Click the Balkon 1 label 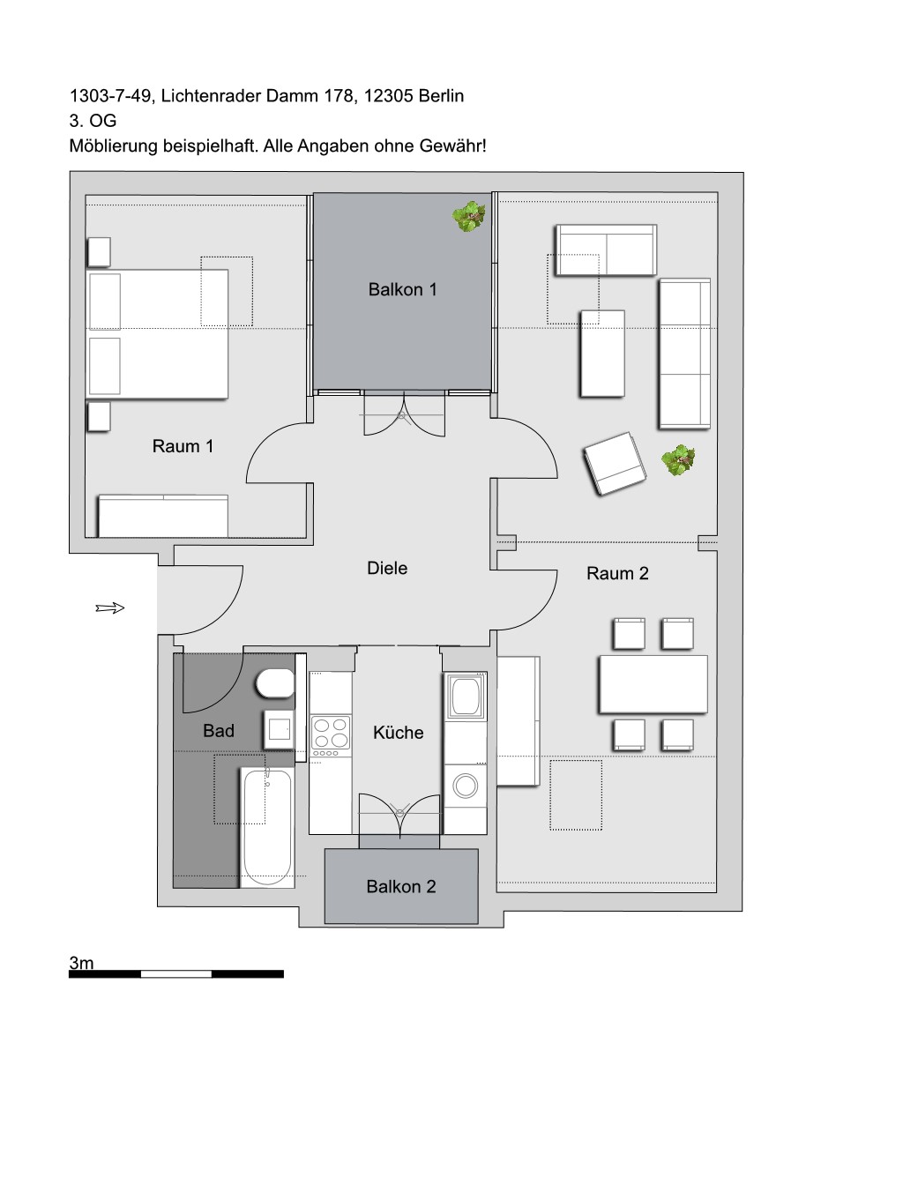tap(402, 289)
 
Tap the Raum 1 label tap(183, 446)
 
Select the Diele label tap(387, 568)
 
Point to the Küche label tap(399, 732)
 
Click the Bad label tap(219, 730)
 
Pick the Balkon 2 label tap(401, 886)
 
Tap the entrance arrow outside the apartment tap(110, 607)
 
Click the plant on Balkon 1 tap(468, 216)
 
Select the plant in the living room tap(678, 460)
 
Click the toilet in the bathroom tap(275, 683)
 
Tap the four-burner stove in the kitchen tap(331, 736)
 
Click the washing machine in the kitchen tap(465, 786)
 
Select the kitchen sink tap(465, 696)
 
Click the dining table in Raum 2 tap(653, 684)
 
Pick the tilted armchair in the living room tap(615, 464)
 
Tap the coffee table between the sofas tap(602, 354)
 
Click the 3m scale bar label tap(81, 963)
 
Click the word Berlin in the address tap(441, 95)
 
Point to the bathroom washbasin tap(279, 730)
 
